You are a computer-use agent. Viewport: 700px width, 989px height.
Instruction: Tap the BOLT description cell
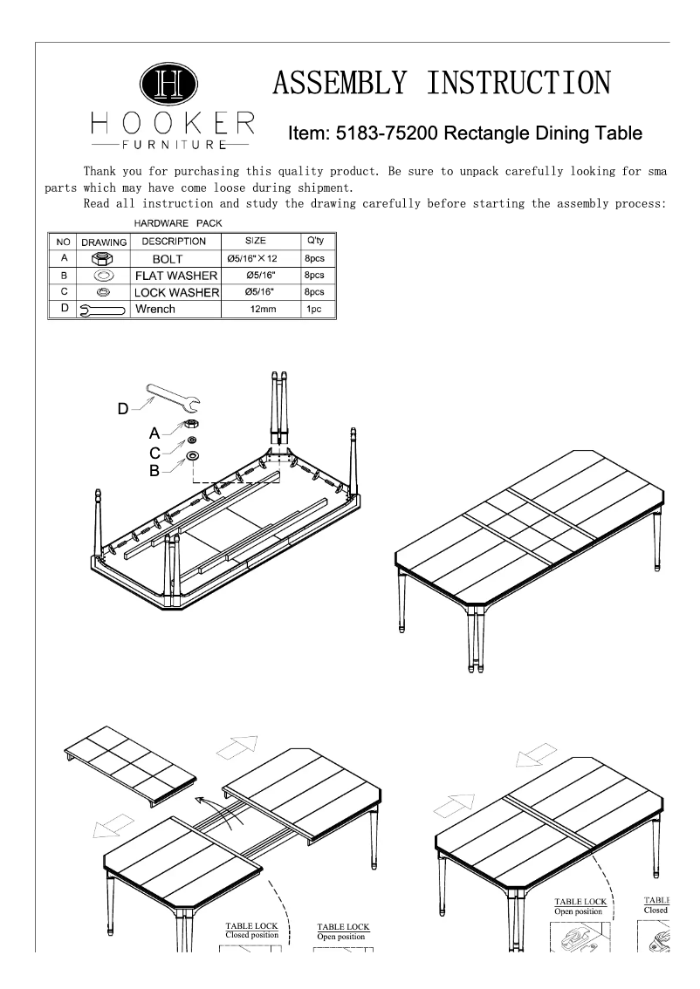(173, 259)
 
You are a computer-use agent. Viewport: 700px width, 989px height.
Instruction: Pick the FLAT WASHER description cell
(174, 276)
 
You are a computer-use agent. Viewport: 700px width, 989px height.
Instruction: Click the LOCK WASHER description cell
(174, 292)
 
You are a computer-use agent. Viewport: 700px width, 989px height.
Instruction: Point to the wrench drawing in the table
(102, 310)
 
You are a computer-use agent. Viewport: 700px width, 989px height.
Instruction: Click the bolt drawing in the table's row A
(103, 259)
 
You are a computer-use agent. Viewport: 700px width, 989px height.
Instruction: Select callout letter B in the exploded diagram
(154, 471)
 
